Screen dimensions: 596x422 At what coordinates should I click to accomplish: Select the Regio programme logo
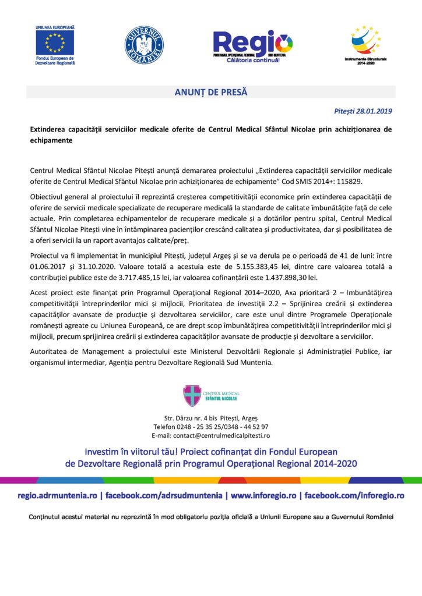click(x=252, y=45)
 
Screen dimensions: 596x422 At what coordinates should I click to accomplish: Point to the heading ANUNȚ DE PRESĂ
click(x=211, y=92)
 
